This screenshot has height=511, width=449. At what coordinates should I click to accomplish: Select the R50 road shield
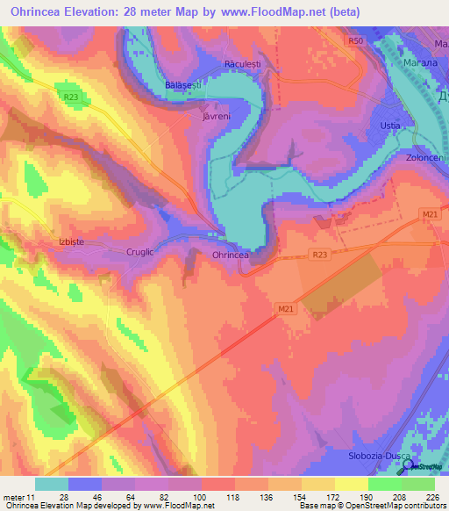354,41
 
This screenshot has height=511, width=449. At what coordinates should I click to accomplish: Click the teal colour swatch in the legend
52,484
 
